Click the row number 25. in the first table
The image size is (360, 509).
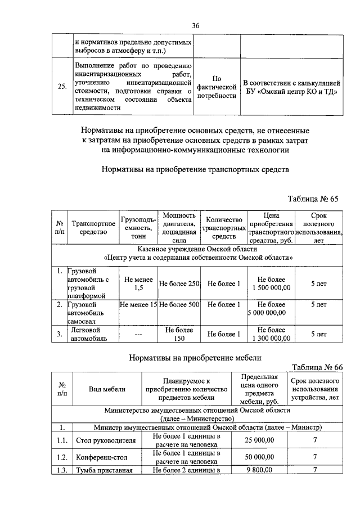(x=62, y=87)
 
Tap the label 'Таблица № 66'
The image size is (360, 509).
(x=317, y=367)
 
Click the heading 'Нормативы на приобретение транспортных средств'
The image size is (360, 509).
(x=195, y=169)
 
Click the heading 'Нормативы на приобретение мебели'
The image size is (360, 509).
(x=195, y=357)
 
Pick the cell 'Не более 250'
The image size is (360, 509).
(x=179, y=283)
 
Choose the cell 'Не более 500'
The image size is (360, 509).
(x=179, y=305)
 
